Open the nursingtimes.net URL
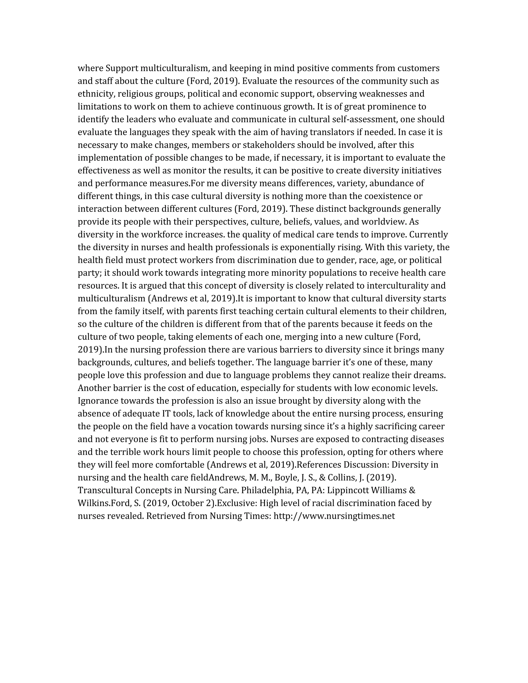click(334, 516)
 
